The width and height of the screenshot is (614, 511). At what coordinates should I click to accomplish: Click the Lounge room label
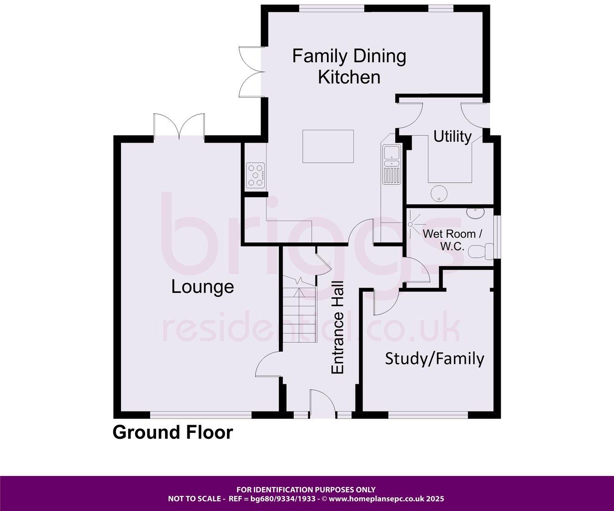coord(202,287)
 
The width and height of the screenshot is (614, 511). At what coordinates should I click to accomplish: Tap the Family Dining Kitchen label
coord(349,66)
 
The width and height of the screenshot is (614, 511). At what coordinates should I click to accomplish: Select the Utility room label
coord(452,136)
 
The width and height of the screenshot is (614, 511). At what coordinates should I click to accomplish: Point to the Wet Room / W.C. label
coord(452,240)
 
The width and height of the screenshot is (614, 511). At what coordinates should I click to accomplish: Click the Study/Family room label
coord(434,358)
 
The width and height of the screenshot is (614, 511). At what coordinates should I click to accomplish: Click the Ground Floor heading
coord(172,432)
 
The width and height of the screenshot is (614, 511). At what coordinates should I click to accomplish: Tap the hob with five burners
coord(255,175)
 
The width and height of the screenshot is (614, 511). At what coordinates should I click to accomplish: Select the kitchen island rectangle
coord(328,146)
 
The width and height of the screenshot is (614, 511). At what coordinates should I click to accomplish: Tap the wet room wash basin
coord(476,212)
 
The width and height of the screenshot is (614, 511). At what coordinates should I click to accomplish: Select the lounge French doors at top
coord(179,125)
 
